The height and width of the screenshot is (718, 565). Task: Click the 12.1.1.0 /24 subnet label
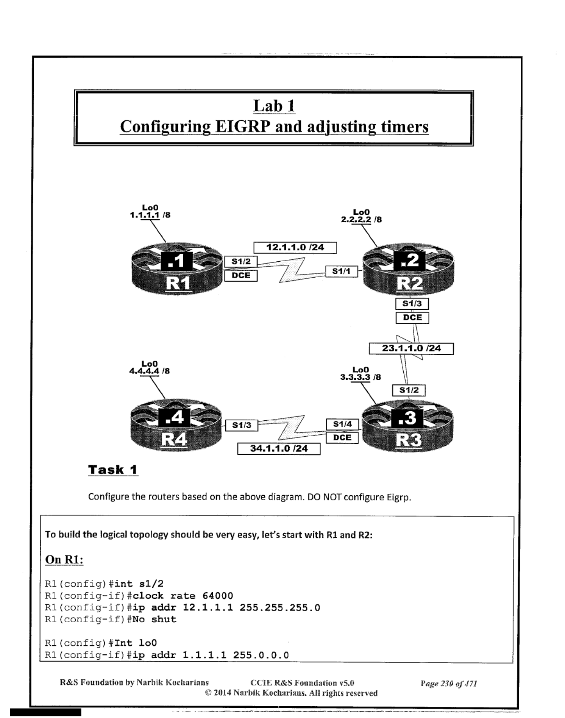click(295, 248)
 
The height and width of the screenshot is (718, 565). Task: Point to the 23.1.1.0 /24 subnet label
click(411, 348)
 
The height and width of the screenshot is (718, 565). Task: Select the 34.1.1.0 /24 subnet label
click(279, 449)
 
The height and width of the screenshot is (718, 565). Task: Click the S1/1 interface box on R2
click(341, 271)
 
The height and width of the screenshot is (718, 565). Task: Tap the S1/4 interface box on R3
click(342, 424)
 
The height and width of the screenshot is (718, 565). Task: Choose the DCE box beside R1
click(241, 275)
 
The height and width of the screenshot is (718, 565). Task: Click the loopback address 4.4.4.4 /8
click(150, 371)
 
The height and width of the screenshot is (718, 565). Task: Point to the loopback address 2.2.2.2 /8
click(361, 219)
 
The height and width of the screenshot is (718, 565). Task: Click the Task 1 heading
click(113, 470)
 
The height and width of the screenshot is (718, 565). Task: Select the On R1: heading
click(64, 559)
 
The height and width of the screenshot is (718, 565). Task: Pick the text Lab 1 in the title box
click(274, 106)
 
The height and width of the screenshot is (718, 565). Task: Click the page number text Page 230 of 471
click(449, 684)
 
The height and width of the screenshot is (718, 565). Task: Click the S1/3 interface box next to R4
click(242, 425)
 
